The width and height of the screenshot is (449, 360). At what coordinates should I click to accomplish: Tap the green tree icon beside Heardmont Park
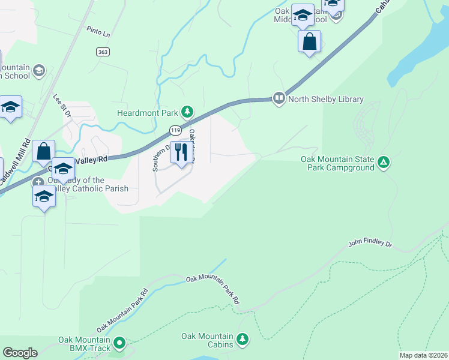click(188, 112)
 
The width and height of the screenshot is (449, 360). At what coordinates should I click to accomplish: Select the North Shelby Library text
click(326, 99)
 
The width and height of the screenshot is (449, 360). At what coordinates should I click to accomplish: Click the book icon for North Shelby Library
click(279, 98)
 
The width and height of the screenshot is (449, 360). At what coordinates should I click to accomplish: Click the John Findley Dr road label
click(370, 244)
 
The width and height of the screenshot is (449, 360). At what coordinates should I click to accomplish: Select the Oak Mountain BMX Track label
click(85, 344)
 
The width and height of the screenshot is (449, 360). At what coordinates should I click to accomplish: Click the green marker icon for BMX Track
click(119, 343)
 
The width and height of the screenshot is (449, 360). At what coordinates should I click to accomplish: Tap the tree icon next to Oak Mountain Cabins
click(243, 340)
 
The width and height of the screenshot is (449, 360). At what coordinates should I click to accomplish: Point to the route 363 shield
click(102, 52)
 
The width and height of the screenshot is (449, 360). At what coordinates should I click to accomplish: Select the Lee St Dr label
click(62, 106)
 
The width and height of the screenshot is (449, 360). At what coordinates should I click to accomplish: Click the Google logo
click(20, 352)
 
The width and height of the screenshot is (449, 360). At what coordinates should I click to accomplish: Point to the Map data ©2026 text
click(423, 355)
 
